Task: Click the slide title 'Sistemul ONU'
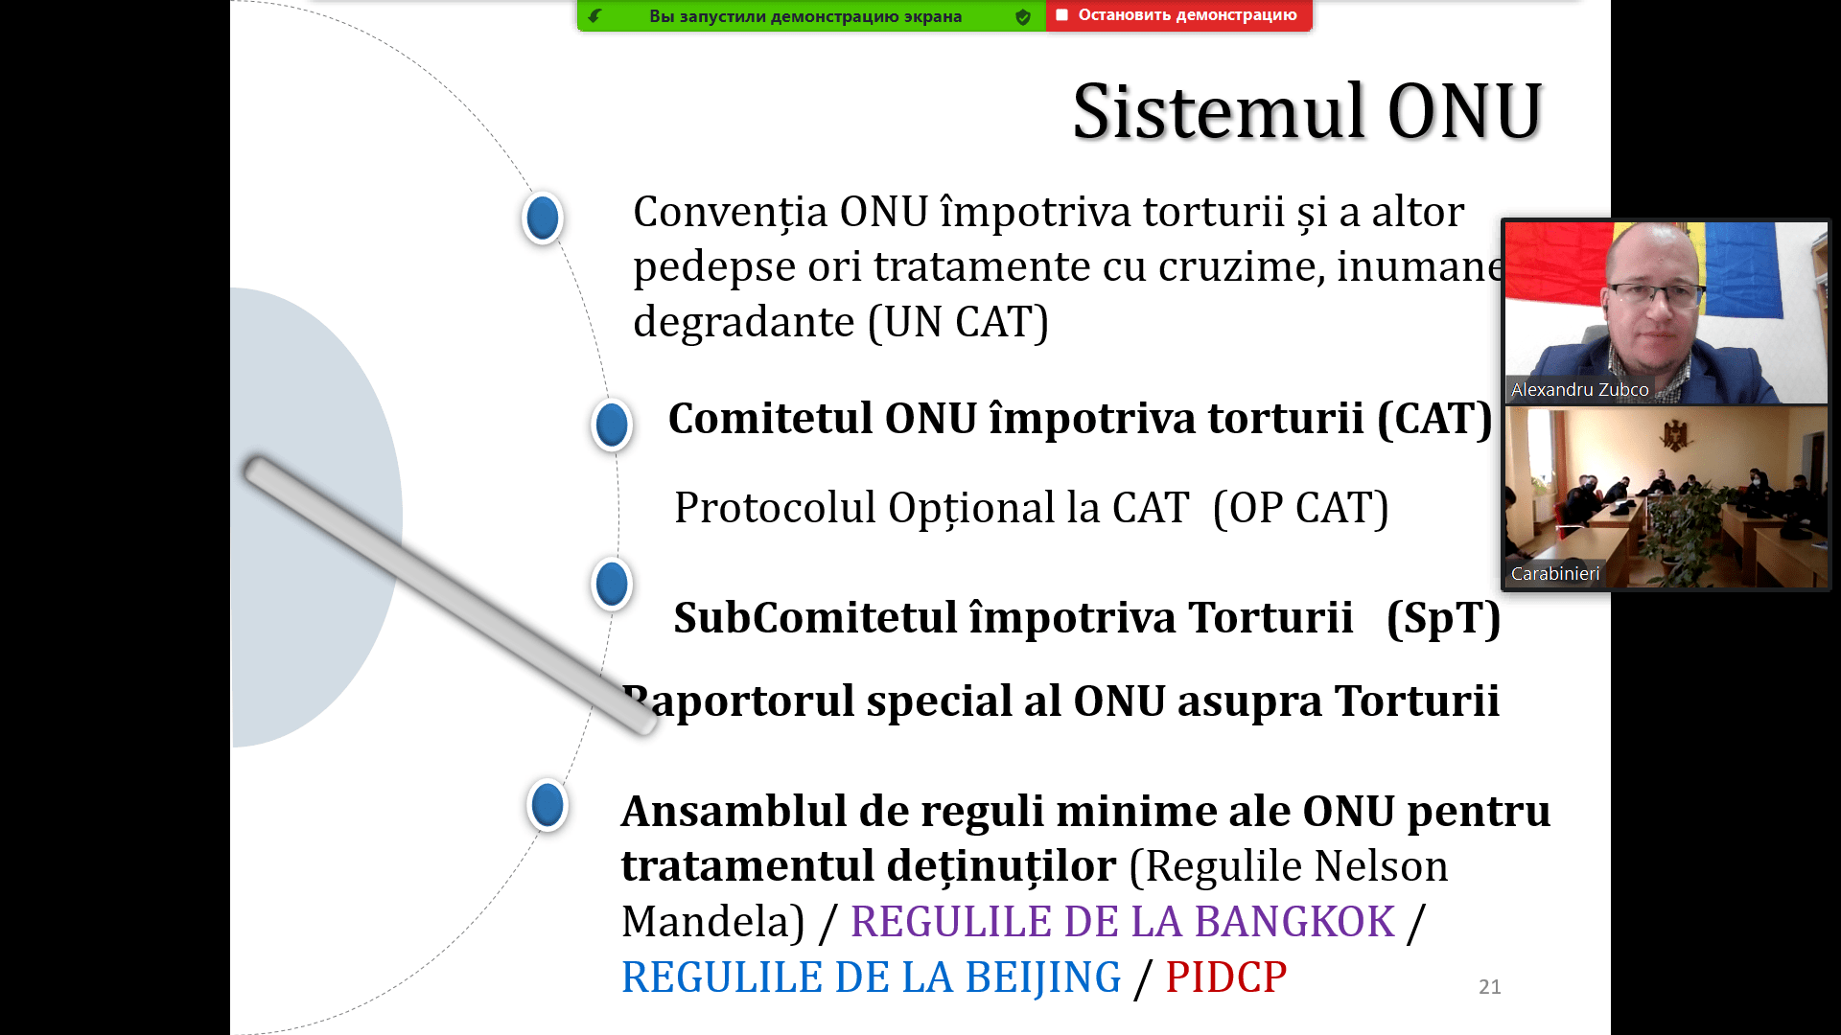[1307, 112]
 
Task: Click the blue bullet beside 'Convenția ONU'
[543, 218]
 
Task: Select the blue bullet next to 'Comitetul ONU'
[612, 425]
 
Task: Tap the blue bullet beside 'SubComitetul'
[612, 584]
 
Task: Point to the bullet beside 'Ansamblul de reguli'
[548, 804]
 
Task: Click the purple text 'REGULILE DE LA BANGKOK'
[1123, 922]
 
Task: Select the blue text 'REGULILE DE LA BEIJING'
[872, 977]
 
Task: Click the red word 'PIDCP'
[1226, 977]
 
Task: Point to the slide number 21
[1490, 987]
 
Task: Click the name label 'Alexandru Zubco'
[1580, 389]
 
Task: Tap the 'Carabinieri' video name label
[1555, 573]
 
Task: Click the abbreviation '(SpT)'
[1444, 619]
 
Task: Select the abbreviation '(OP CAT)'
[1301, 509]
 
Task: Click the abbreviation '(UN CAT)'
[959, 323]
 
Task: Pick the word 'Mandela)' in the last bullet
[713, 922]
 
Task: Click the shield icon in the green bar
[1023, 16]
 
